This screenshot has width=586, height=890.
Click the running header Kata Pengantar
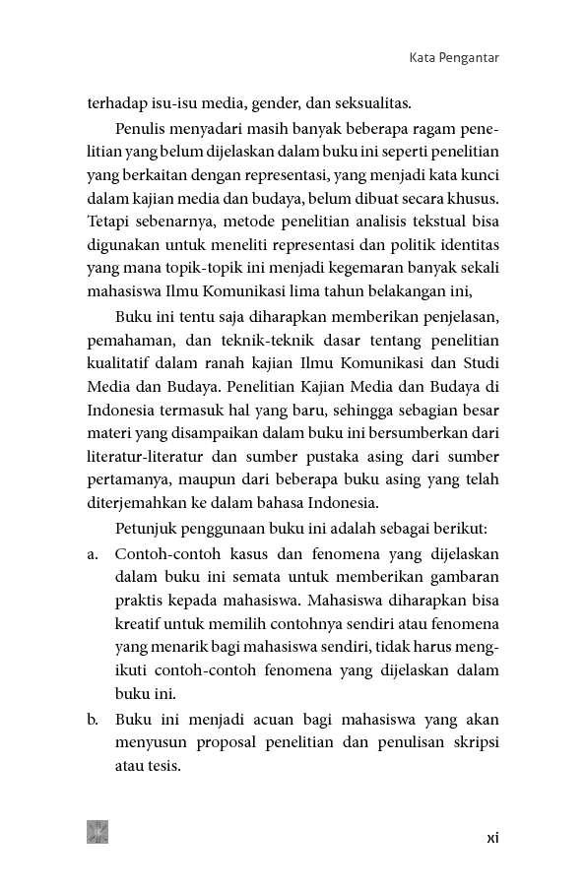453,58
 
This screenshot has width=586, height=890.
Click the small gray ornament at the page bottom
98,832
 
